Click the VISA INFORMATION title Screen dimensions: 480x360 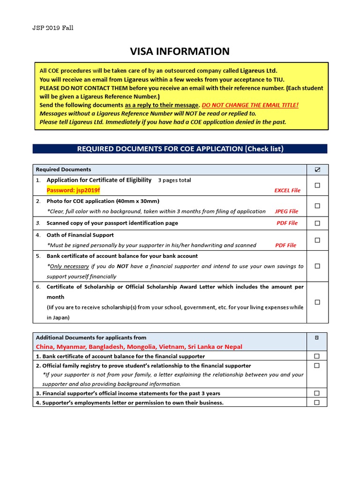tap(180, 52)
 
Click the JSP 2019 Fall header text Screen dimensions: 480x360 tap(52, 28)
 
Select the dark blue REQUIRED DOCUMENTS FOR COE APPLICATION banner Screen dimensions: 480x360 tap(180, 149)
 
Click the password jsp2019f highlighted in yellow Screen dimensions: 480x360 tap(74, 190)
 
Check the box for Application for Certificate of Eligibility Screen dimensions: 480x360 tap(317, 186)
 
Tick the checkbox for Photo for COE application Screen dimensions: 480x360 tap(317, 206)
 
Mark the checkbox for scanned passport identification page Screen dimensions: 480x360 tap(317, 223)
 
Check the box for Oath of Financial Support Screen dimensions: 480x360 tap(317, 240)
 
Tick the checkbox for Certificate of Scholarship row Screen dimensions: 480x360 tap(317, 302)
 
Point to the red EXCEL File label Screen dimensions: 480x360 tap(287, 191)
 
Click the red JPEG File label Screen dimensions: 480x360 tap(286, 211)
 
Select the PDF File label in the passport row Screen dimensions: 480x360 tap(287, 223)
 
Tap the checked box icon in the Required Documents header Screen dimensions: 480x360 tap(317, 170)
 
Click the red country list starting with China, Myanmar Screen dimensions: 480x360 tap(139, 347)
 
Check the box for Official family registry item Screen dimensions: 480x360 tap(317, 366)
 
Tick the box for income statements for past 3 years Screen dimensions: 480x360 tap(317, 393)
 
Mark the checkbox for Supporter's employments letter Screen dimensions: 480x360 tap(317, 402)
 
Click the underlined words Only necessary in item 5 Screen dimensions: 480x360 tap(69, 266)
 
